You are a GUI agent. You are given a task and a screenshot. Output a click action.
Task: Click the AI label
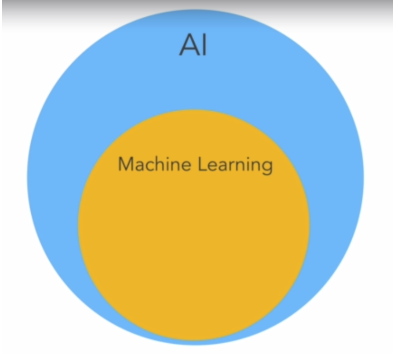[193, 45]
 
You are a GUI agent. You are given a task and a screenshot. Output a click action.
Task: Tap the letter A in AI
[189, 45]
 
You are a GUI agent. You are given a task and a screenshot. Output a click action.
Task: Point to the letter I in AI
[204, 45]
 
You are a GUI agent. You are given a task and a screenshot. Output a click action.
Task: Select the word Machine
[154, 164]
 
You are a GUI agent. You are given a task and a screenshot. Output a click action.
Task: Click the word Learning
[235, 166]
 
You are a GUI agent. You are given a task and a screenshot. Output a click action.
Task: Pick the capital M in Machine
[125, 164]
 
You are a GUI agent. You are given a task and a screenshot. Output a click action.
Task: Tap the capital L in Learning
[202, 164]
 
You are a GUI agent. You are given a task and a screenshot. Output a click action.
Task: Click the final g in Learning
[267, 168]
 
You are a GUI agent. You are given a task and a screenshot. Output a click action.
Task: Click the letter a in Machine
[139, 166]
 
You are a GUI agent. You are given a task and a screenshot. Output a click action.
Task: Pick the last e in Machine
[186, 166]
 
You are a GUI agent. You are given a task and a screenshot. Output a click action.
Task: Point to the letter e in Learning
[213, 166]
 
